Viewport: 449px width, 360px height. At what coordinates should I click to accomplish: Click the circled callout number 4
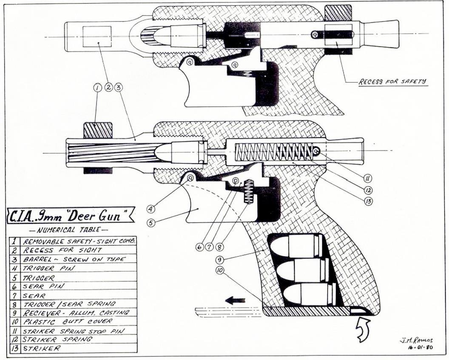point(151,209)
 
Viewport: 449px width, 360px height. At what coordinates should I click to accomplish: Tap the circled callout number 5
point(151,221)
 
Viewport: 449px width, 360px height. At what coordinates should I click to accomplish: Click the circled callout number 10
point(220,271)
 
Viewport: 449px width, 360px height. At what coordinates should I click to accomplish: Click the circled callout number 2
point(108,87)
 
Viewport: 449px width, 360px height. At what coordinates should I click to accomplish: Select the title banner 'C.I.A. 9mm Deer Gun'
point(71,216)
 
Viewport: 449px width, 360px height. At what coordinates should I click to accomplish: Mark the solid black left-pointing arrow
point(235,300)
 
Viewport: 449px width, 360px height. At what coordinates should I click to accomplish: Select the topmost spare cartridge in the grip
point(298,246)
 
